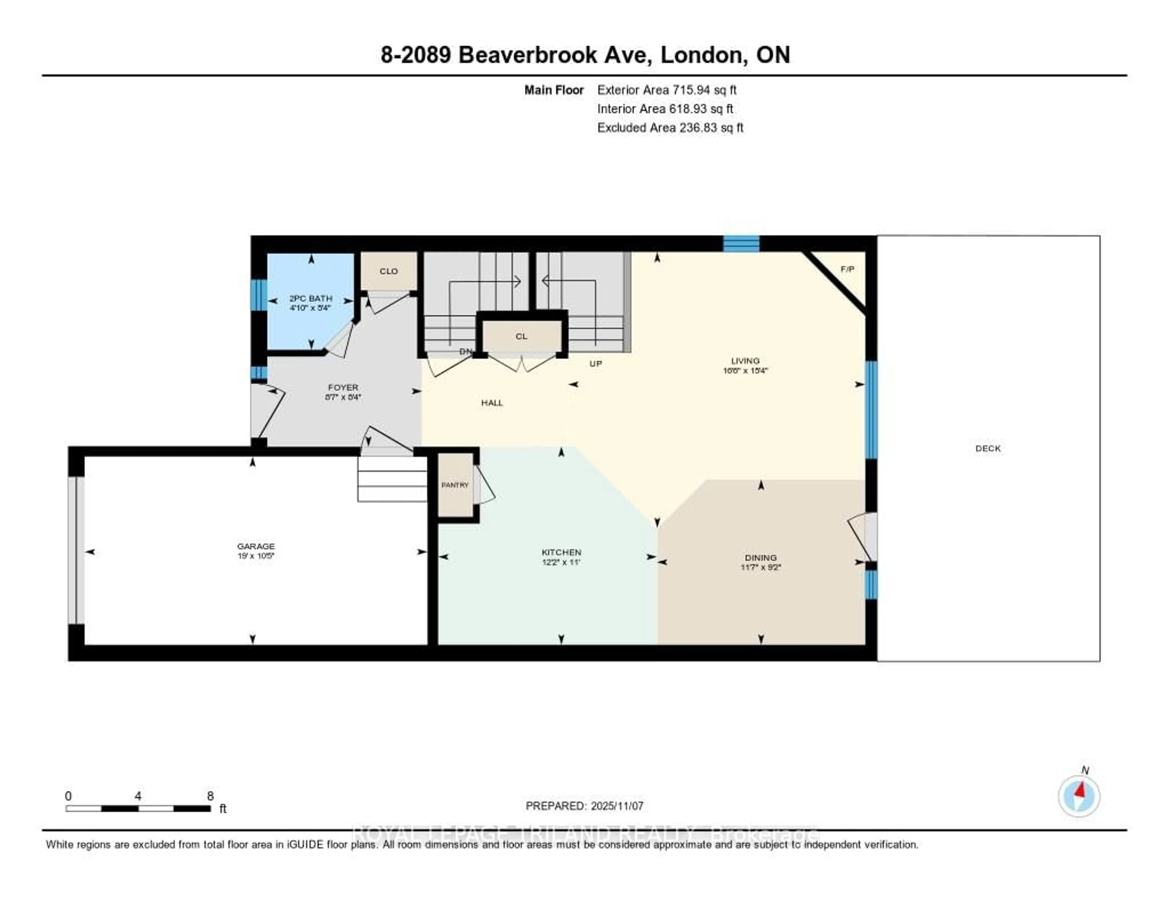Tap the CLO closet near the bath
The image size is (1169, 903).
[388, 271]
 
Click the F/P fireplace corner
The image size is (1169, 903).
[847, 269]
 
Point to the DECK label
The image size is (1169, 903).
[988, 448]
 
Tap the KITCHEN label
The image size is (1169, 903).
[561, 552]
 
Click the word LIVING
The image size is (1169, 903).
[745, 361]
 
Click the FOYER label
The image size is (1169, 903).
[343, 387]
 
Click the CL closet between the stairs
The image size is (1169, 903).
[521, 336]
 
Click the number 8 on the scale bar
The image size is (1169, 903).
[210, 796]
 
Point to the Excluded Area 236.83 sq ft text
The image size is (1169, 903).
[670, 127]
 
